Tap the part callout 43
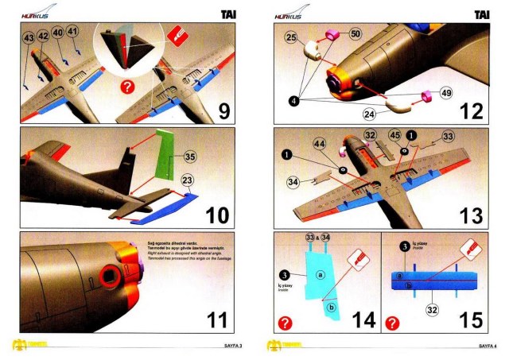(28, 37)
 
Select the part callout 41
(72, 32)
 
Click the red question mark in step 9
(126, 86)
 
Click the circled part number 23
(188, 180)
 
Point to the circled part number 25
(291, 37)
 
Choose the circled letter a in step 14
(321, 274)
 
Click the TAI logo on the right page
(481, 14)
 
